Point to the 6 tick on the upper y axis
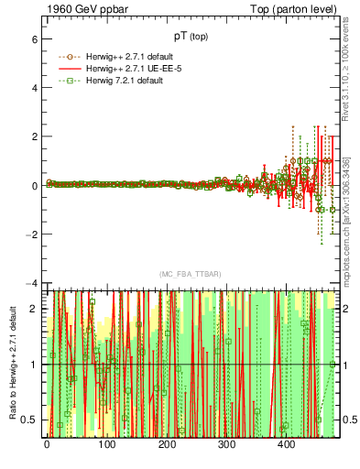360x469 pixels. (34, 40)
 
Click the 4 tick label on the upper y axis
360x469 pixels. (34, 89)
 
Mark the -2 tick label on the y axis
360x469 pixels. (31, 234)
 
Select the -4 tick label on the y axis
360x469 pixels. (31, 282)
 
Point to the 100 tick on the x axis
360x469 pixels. (106, 445)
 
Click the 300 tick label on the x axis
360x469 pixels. (226, 445)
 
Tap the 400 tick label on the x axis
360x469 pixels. (286, 445)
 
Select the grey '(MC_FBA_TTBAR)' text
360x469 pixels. (191, 275)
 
